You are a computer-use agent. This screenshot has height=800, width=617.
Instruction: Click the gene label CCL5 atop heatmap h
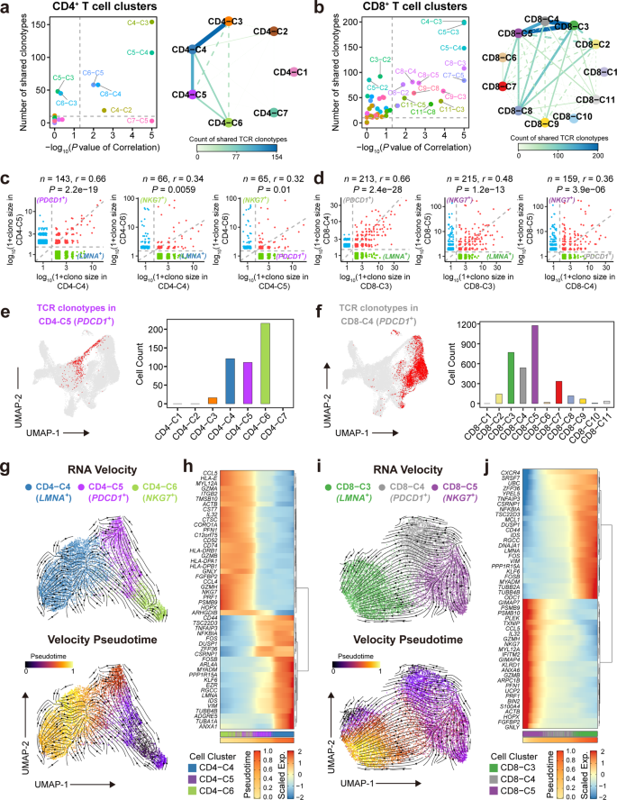(x=209, y=472)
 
